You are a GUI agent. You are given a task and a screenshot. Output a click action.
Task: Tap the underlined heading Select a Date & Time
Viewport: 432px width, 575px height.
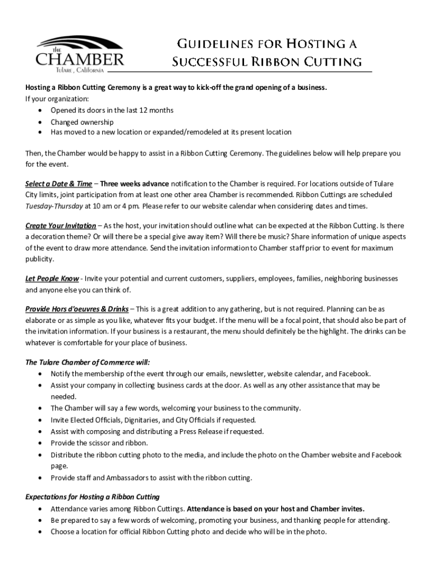pyautogui.click(x=59, y=184)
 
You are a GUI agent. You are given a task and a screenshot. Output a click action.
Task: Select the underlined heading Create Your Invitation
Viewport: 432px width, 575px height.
pyautogui.click(x=61, y=226)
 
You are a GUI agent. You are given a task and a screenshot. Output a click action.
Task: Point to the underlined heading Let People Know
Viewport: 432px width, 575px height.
pyautogui.click(x=52, y=279)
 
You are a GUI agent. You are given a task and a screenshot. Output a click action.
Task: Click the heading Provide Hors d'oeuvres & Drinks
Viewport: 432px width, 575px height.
pyautogui.click(x=77, y=309)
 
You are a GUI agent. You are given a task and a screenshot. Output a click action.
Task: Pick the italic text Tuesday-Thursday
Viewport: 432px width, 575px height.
pyautogui.click(x=54, y=206)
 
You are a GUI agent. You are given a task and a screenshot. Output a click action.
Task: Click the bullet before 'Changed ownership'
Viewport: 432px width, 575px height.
pyautogui.click(x=40, y=122)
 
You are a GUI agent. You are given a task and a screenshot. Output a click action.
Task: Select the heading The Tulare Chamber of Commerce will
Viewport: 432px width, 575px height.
pyautogui.click(x=88, y=362)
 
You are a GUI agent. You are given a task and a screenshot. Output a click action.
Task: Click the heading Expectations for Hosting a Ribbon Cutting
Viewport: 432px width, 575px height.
pyautogui.click(x=93, y=497)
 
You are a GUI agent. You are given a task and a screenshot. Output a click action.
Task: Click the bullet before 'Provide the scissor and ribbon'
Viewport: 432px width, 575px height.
pyautogui.click(x=40, y=443)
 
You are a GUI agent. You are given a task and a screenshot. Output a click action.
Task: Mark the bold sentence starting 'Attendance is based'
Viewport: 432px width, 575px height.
pyautogui.click(x=275, y=509)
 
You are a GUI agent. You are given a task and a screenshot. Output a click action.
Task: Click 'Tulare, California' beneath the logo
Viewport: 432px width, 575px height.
pyautogui.click(x=79, y=70)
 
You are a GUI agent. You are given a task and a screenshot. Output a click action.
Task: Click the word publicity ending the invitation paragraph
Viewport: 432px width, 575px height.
pyautogui.click(x=40, y=259)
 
